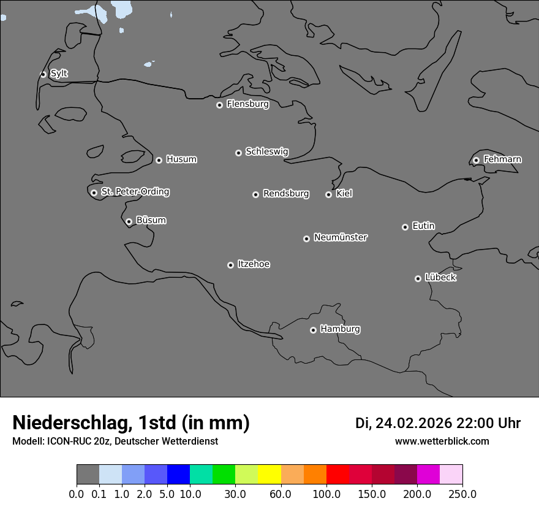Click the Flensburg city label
(247, 104)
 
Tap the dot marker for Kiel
(328, 194)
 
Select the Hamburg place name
(340, 329)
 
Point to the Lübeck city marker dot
(418, 278)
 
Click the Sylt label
(59, 74)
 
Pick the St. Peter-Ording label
(135, 192)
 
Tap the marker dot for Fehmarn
(476, 160)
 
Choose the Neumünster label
(341, 237)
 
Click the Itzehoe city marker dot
(230, 265)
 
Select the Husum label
(181, 159)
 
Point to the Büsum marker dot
(129, 221)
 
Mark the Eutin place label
(423, 226)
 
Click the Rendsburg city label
(286, 194)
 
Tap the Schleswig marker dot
(238, 153)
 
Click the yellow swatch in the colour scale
(269, 475)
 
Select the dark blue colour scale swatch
(179, 475)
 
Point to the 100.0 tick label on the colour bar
(326, 494)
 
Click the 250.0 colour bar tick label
(462, 494)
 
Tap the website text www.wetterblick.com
(442, 442)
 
